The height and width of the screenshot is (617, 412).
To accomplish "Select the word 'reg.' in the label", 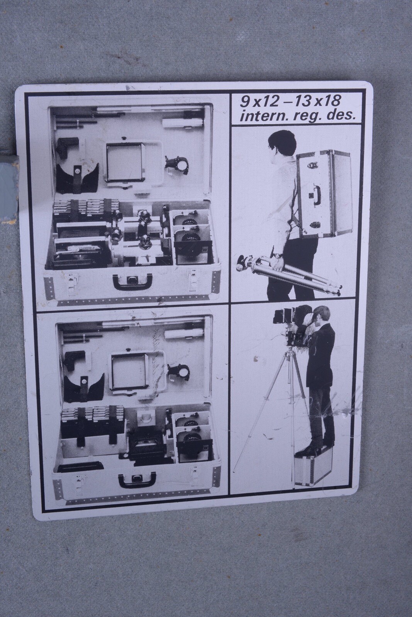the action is [x=308, y=116].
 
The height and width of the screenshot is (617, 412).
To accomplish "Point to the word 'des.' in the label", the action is [x=341, y=116].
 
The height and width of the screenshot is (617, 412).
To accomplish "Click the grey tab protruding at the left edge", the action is [x=8, y=186].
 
